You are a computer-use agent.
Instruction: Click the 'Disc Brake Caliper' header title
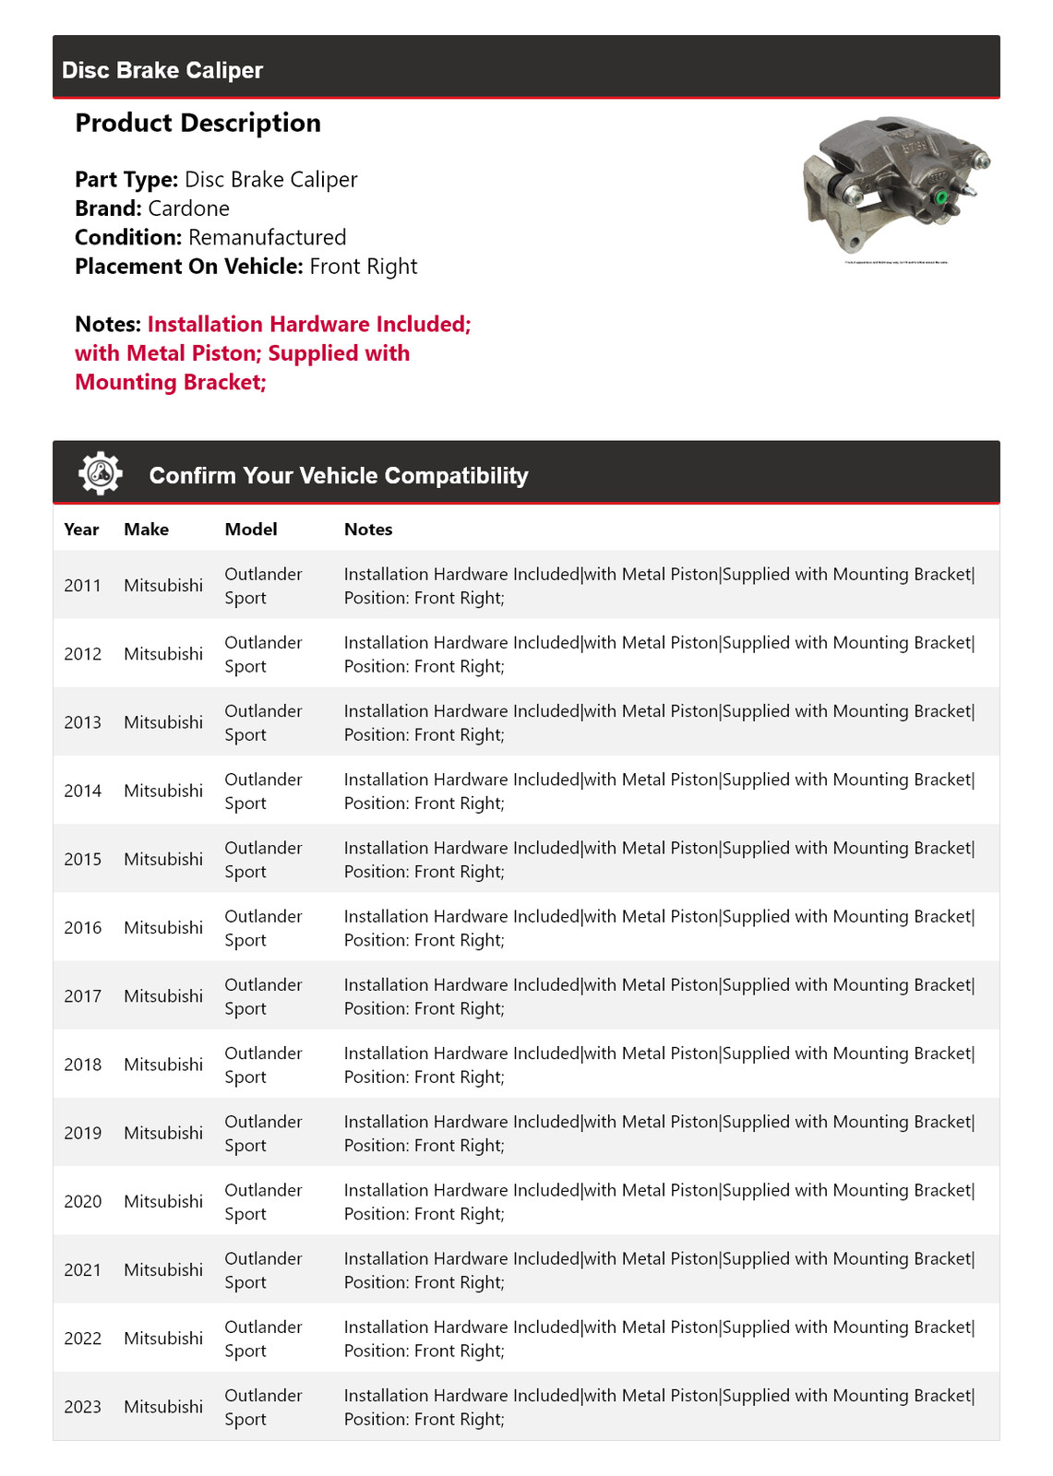pyautogui.click(x=162, y=70)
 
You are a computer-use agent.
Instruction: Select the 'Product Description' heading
pyautogui.click(x=197, y=123)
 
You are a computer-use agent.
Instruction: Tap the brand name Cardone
pyautogui.click(x=188, y=208)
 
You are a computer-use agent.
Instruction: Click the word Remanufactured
pyautogui.click(x=267, y=237)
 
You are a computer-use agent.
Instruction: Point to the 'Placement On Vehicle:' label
pyautogui.click(x=189, y=267)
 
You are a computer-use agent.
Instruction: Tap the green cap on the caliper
pyautogui.click(x=941, y=197)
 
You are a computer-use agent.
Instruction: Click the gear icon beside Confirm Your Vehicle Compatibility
pyautogui.click(x=100, y=474)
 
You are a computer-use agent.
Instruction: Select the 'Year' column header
pyautogui.click(x=81, y=530)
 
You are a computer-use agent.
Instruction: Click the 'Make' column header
pyautogui.click(x=146, y=530)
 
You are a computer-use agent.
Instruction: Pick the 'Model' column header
pyautogui.click(x=251, y=530)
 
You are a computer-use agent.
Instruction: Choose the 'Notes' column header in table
pyautogui.click(x=368, y=530)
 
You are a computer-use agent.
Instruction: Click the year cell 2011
pyautogui.click(x=82, y=586)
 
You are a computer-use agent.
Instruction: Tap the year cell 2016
pyautogui.click(x=82, y=928)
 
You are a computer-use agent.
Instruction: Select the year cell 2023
pyautogui.click(x=82, y=1407)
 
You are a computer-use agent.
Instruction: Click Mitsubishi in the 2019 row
pyautogui.click(x=163, y=1133)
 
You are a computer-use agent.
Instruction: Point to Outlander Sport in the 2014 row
pyautogui.click(x=263, y=792)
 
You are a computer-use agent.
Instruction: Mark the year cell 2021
pyautogui.click(x=82, y=1270)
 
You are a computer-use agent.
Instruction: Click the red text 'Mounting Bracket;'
pyautogui.click(x=171, y=383)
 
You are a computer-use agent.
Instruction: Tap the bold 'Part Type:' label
pyautogui.click(x=126, y=180)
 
